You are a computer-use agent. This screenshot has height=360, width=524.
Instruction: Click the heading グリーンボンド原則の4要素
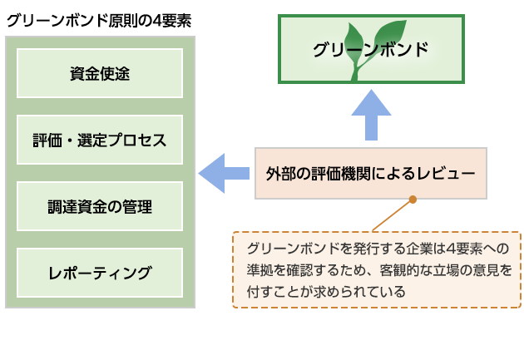pyautogui.click(x=99, y=21)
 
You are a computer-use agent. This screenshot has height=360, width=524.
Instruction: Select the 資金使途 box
pyautogui.click(x=100, y=73)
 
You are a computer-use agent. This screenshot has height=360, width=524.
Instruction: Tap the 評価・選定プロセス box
pyautogui.click(x=100, y=140)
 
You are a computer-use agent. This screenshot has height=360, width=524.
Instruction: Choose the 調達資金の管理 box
pyautogui.click(x=100, y=206)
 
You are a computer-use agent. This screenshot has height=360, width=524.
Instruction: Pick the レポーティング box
pyautogui.click(x=100, y=273)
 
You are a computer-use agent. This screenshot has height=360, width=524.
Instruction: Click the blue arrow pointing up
pyautogui.click(x=371, y=115)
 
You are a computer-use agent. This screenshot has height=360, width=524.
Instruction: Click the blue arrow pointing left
pyautogui.click(x=224, y=173)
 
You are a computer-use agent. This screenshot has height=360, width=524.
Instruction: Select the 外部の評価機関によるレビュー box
pyautogui.click(x=371, y=173)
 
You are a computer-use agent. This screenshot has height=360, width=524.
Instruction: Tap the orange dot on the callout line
pyautogui.click(x=413, y=200)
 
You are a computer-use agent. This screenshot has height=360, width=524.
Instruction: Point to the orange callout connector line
pyautogui.click(x=393, y=215)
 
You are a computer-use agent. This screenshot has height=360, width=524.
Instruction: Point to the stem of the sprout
pyautogui.click(x=358, y=68)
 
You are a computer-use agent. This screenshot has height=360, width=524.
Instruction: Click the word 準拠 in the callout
pyautogui.click(x=258, y=270)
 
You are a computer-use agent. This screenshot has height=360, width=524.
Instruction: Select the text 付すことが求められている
pyautogui.click(x=326, y=291)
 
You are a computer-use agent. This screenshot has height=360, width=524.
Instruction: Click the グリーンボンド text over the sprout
pyautogui.click(x=371, y=49)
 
